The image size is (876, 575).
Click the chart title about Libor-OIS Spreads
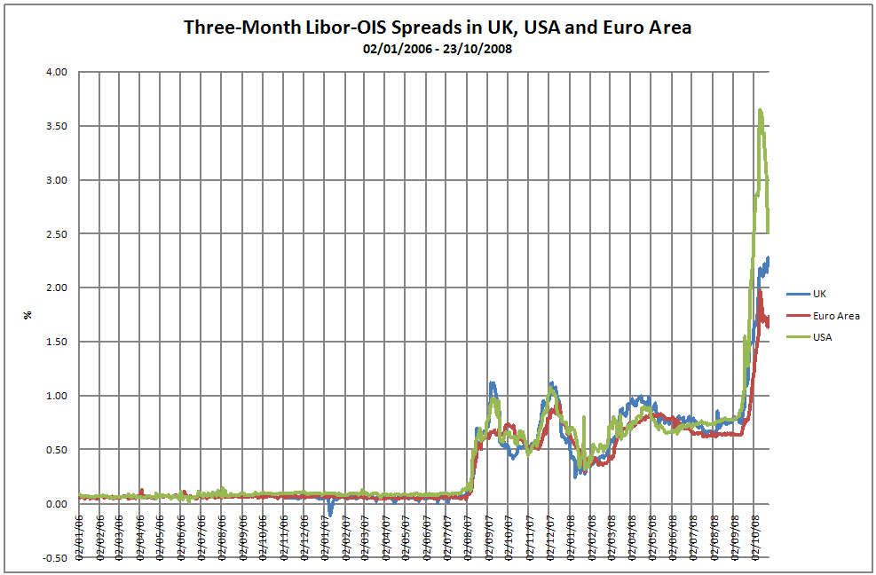[x=438, y=27]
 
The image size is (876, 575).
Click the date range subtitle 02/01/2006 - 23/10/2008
[x=438, y=49]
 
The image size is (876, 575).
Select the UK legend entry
[x=819, y=293]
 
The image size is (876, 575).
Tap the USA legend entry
[x=823, y=337]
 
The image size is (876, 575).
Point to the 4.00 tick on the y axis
[x=56, y=73]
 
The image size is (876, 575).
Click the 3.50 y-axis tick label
[x=56, y=127]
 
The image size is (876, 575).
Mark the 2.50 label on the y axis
[x=56, y=234]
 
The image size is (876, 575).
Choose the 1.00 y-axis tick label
[x=56, y=396]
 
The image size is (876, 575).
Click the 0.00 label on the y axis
[x=56, y=504]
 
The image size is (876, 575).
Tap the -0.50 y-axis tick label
[x=54, y=557]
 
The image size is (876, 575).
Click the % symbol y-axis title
[x=28, y=315]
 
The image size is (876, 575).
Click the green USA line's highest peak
[x=761, y=110]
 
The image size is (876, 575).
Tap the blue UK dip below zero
[x=330, y=513]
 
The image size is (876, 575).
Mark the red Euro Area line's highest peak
[x=761, y=291]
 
